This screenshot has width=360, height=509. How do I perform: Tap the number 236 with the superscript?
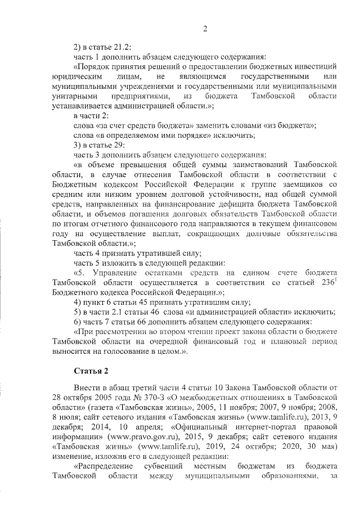tap(325, 282)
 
